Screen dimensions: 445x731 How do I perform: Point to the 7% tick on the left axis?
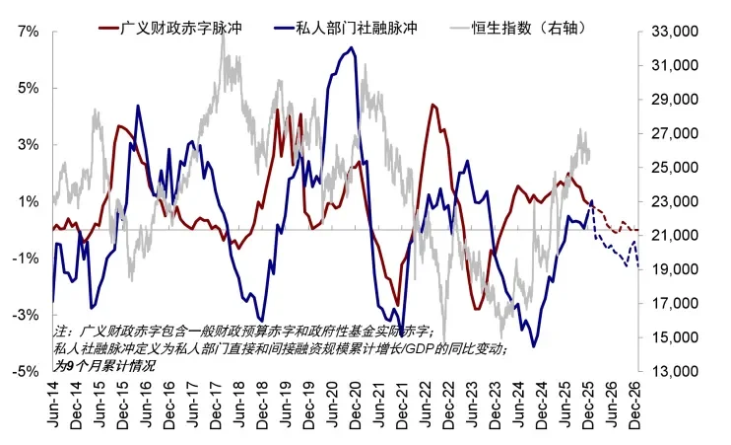pos(28,32)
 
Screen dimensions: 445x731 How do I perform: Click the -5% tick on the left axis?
pos(26,372)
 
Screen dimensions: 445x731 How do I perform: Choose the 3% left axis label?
pos(28,145)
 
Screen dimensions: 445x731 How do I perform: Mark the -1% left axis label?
pos(26,259)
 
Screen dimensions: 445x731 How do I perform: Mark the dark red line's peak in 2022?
pos(433,105)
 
